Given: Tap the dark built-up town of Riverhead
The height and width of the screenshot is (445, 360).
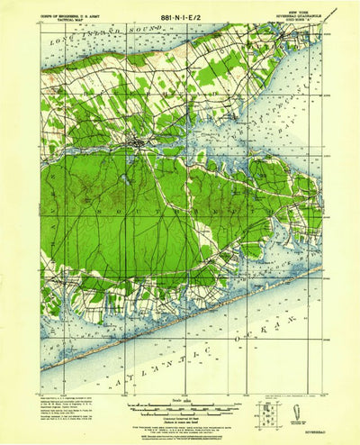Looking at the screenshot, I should (137, 141).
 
